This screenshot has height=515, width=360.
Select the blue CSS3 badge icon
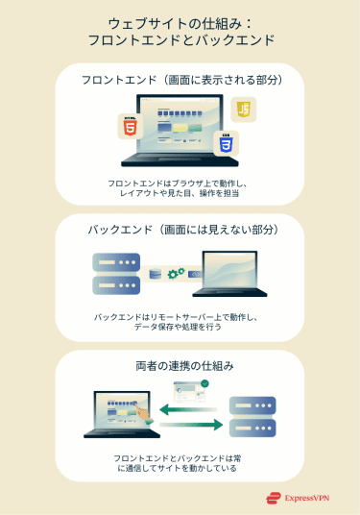pyautogui.click(x=227, y=144)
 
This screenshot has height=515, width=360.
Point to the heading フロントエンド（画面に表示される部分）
pyautogui.click(x=180, y=80)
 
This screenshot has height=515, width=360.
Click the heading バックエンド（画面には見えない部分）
pyautogui.click(x=180, y=231)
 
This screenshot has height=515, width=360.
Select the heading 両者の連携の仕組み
pyautogui.click(x=180, y=366)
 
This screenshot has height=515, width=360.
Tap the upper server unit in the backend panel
pyautogui.click(x=116, y=261)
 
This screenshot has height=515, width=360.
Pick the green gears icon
pyautogui.click(x=176, y=274)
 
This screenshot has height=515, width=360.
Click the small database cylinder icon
pyautogui.click(x=154, y=274)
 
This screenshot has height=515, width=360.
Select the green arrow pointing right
pyautogui.click(x=191, y=425)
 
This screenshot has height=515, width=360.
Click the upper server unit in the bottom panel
pyautogui.click(x=252, y=404)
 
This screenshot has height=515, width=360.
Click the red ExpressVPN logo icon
pyautogui.click(x=273, y=499)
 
